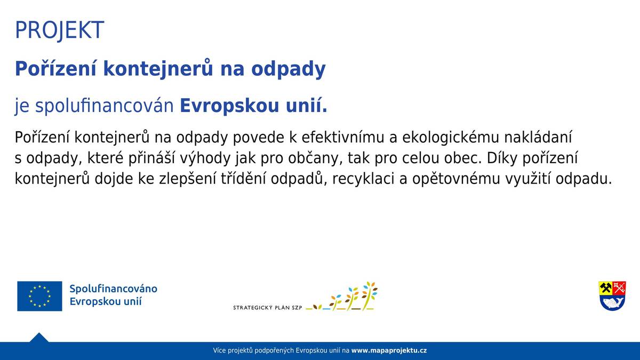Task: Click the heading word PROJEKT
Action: [59, 30]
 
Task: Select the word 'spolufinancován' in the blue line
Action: [105, 106]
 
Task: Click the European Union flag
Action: [39, 296]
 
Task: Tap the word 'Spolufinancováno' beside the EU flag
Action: [113, 289]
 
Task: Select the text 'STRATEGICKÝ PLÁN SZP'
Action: [268, 308]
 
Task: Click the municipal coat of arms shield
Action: [612, 296]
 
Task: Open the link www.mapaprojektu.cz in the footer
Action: [389, 350]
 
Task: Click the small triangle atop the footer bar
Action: [39, 338]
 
